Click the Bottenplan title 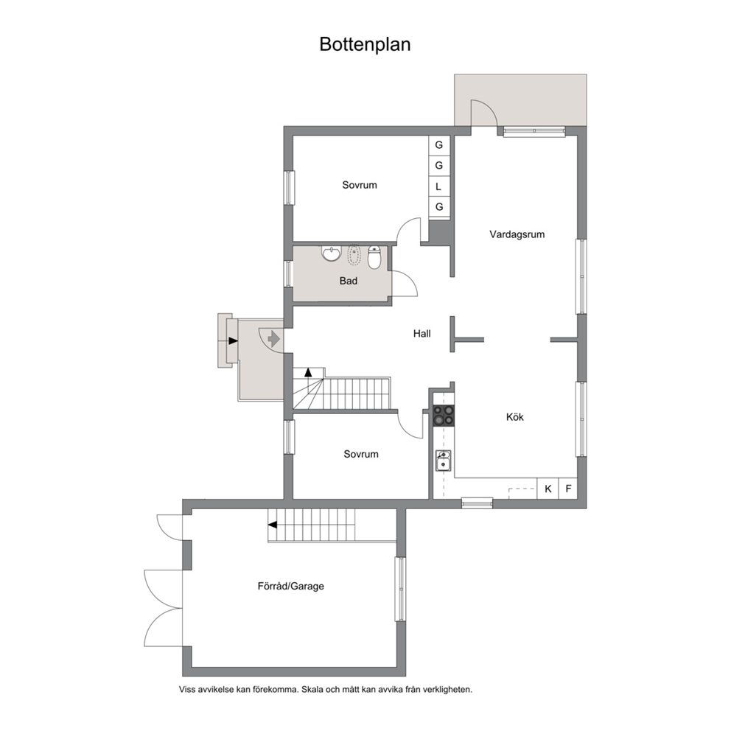365,45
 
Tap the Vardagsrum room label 517,234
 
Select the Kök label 514,417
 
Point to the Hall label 422,333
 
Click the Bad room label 349,281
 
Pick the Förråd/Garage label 290,586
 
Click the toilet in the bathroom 374,257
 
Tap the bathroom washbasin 332,253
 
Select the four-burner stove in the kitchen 443,416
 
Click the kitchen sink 444,461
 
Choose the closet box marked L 438,186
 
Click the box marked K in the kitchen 548,489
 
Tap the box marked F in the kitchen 568,489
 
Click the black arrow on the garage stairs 272,525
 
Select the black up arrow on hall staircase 308,372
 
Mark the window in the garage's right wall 400,590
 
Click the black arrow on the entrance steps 233,340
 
